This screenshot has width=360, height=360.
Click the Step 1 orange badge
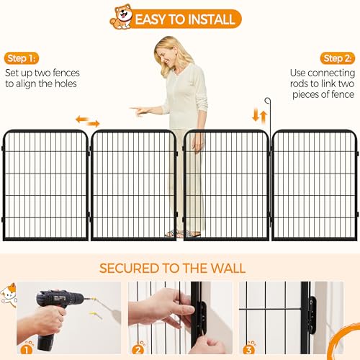[22, 58]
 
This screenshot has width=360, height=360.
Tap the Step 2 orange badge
[338, 58]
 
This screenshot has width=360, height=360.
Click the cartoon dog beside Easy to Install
[122, 17]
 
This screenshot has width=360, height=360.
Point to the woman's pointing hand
[139, 111]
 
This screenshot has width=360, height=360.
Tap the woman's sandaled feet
[182, 233]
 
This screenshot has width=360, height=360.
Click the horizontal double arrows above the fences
[88, 121]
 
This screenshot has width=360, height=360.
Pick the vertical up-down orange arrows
[260, 116]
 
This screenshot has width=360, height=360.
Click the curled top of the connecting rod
[268, 101]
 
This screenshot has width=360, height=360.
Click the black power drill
[56, 317]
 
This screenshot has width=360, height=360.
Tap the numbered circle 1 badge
[27, 348]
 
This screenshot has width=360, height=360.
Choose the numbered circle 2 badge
[138, 348]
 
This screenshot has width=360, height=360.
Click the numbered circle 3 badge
[249, 348]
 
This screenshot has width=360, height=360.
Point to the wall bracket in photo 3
[312, 315]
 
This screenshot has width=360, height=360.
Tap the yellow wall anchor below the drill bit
[96, 315]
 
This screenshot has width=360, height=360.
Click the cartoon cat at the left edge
[9, 294]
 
